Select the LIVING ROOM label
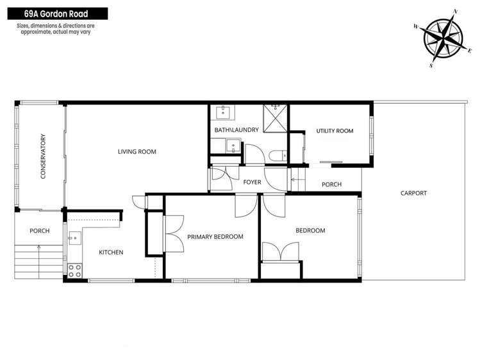tap(137, 152)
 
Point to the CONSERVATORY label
tap(43, 156)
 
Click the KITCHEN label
tap(110, 252)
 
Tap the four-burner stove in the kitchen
tap(74, 270)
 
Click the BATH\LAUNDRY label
tap(236, 130)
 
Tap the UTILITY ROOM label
tap(335, 131)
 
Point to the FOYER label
tap(252, 183)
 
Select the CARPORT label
tap(413, 193)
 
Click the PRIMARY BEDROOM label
tap(215, 236)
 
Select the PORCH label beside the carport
tap(331, 184)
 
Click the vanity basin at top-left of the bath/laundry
tap(224, 113)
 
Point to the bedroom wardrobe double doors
tap(279, 252)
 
